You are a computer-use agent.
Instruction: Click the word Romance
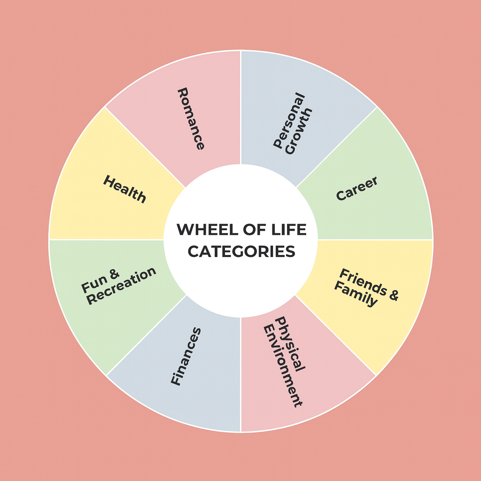point(191,118)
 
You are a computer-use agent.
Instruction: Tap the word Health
point(124,189)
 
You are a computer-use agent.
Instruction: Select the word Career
point(357,189)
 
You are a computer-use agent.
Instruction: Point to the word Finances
point(186,356)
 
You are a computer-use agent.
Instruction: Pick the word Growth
point(299,132)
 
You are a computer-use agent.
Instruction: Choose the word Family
point(356,295)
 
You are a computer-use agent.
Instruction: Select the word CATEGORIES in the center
point(241,251)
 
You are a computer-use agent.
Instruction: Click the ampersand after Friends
point(393,295)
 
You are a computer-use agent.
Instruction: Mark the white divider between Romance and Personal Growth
point(240,108)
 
